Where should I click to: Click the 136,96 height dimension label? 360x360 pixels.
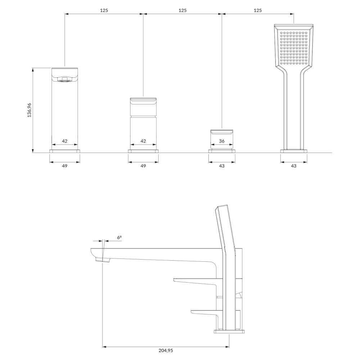click(30, 110)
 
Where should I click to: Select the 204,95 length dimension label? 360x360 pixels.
click(166, 350)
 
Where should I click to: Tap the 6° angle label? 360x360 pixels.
click(120, 237)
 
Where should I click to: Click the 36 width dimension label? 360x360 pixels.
click(222, 141)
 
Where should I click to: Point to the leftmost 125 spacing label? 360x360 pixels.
click(104, 10)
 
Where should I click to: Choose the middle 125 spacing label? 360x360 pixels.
click(183, 10)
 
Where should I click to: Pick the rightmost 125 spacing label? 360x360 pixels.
click(258, 10)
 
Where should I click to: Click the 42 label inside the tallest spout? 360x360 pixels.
click(65, 141)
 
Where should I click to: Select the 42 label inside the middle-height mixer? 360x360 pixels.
click(143, 141)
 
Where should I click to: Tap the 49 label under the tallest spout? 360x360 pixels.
click(65, 166)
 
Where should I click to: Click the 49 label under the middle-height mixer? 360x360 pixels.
click(143, 166)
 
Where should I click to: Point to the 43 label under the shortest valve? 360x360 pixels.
click(222, 166)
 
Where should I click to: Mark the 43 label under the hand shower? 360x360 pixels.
click(294, 166)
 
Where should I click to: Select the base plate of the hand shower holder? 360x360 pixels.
click(294, 151)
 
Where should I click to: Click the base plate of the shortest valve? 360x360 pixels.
click(222, 151)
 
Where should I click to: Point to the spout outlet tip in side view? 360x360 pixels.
click(102, 260)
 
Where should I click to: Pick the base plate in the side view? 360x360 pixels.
click(229, 331)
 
